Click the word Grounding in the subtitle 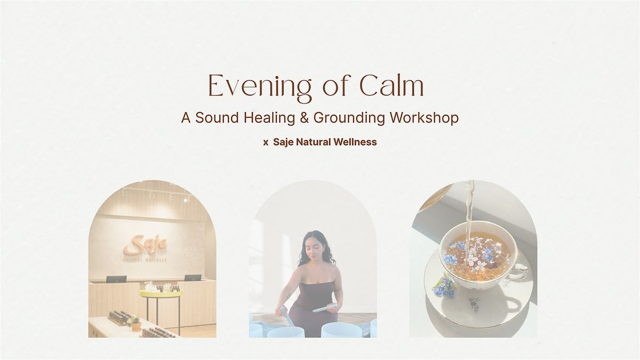click(349, 118)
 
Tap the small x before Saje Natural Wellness click(266, 142)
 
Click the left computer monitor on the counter click(116, 279)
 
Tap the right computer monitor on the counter click(193, 278)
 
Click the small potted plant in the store click(136, 322)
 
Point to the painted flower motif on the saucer click(473, 303)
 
